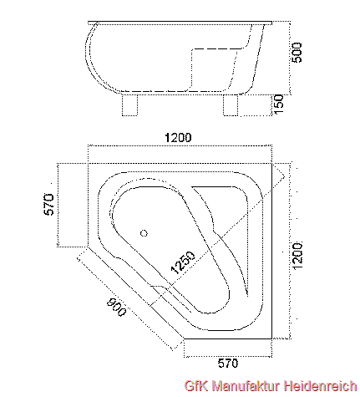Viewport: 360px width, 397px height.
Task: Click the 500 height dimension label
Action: coord(297,53)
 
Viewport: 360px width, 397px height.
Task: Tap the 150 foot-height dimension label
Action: coord(279,104)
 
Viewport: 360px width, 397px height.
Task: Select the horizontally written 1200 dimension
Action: coord(178,137)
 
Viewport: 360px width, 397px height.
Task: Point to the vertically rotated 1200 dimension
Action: coord(297,256)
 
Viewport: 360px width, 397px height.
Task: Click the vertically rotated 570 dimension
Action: coord(48,204)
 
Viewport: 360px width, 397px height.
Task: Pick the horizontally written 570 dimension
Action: coord(228,364)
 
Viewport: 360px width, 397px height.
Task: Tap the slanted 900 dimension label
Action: coord(116,307)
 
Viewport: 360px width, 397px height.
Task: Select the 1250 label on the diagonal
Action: coord(183,262)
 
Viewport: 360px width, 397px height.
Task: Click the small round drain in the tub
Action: coord(144,233)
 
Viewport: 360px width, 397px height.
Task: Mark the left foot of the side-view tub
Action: coord(129,105)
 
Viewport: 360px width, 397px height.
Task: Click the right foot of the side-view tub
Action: coord(231,105)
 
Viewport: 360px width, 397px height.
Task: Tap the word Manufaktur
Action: coord(246,386)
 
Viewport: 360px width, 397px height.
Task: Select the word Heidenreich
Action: coord(321,386)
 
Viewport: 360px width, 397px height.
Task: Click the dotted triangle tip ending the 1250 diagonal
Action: coord(285,176)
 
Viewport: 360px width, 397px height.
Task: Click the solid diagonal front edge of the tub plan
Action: coord(136,293)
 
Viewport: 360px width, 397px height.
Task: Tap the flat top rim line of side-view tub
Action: coord(180,22)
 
